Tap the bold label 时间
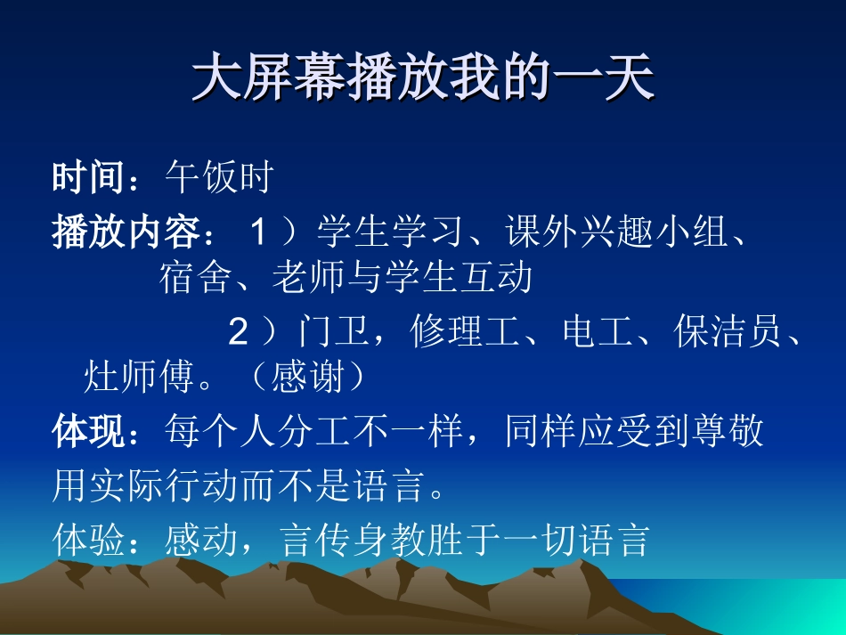click(88, 179)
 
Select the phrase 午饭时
click(218, 179)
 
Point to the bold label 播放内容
click(125, 232)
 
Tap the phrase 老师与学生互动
click(403, 278)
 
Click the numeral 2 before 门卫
click(238, 333)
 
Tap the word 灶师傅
click(138, 378)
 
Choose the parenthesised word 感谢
click(306, 378)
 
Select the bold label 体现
click(88, 432)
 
